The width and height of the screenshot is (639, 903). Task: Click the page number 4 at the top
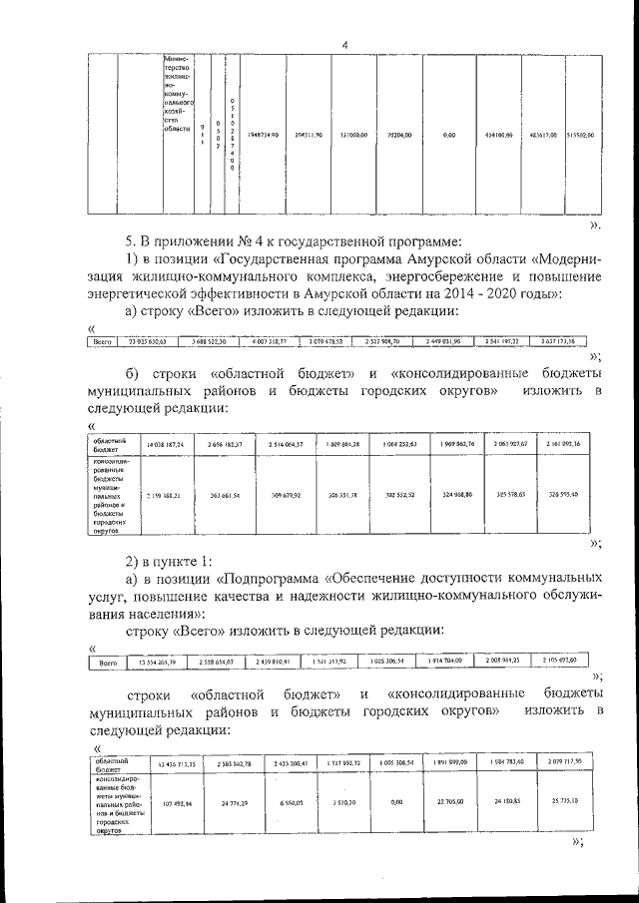coord(344,45)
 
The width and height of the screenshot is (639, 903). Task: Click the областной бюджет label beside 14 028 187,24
coord(111,443)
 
